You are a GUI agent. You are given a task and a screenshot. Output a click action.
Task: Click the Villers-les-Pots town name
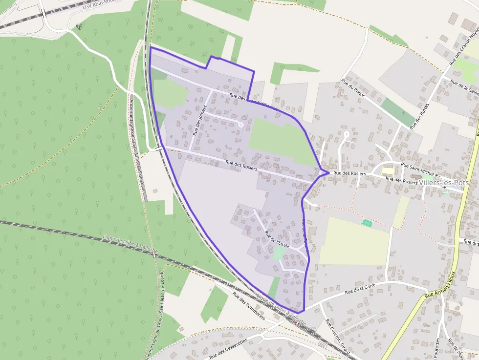click(444, 183)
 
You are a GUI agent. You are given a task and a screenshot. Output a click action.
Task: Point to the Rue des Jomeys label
click(200, 120)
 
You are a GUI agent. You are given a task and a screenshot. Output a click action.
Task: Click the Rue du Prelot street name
click(353, 88)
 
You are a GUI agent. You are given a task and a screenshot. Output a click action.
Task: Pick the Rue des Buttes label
click(419, 116)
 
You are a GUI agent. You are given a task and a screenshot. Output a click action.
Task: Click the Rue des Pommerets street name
click(248, 306)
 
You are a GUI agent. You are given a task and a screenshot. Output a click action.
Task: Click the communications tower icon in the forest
click(78, 26)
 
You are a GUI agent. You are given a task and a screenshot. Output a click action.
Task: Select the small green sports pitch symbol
click(367, 223)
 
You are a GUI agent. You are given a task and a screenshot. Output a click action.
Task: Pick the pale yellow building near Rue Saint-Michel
click(388, 171)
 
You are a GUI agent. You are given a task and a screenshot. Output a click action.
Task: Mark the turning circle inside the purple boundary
click(240, 125)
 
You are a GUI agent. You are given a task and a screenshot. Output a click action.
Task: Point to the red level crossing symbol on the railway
click(296, 323)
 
